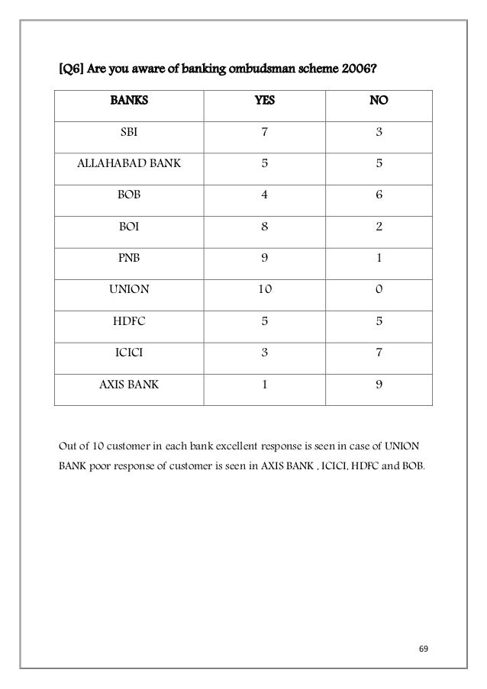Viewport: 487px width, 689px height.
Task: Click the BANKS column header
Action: pos(129,99)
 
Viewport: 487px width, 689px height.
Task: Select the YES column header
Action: pos(264,99)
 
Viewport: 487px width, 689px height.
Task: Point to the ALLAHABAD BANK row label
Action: pos(129,163)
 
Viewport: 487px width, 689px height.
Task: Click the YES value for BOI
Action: pos(264,226)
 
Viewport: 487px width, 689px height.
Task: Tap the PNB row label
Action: pos(129,258)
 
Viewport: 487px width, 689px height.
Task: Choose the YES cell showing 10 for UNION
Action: pos(264,289)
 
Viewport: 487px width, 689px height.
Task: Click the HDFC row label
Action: pos(129,321)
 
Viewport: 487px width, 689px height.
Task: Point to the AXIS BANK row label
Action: pos(129,385)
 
